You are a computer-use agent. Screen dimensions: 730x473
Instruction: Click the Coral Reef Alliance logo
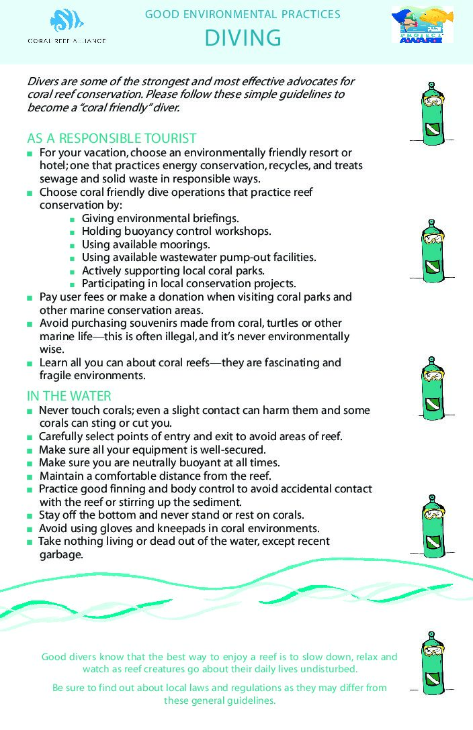click(67, 28)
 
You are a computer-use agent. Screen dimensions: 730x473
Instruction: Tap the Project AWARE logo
click(422, 25)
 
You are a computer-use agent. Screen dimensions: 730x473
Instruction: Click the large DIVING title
click(243, 38)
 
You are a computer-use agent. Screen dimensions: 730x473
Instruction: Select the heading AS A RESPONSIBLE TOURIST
click(112, 138)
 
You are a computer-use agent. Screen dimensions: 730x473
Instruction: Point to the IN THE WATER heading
click(69, 396)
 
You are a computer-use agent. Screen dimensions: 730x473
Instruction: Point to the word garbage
click(60, 555)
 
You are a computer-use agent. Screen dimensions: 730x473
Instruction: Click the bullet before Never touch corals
click(30, 411)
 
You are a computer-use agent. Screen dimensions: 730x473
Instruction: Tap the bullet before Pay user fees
click(30, 297)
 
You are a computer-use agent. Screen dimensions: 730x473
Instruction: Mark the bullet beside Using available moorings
click(72, 245)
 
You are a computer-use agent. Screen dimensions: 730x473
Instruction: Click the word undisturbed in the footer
click(329, 669)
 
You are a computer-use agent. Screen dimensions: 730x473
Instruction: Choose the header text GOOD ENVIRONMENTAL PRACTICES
click(243, 14)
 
